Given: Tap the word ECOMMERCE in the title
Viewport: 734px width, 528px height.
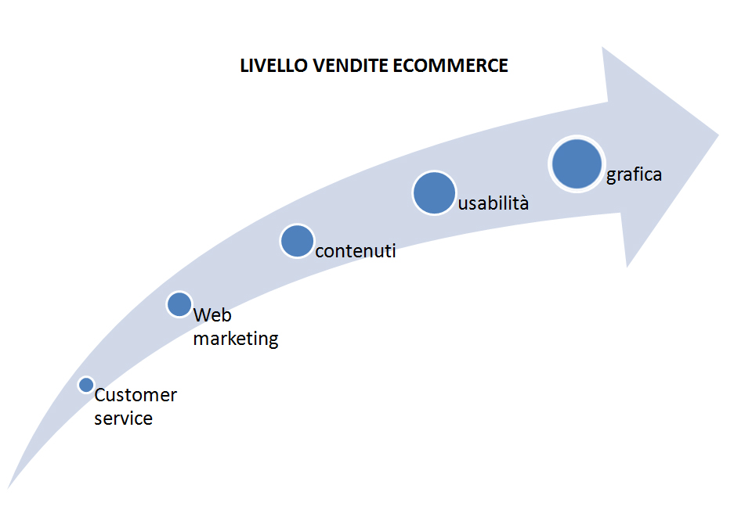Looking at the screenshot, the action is click(450, 66).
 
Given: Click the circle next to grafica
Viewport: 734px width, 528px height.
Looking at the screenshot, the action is click(577, 164).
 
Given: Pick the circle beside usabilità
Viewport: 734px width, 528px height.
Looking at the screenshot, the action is click(435, 193).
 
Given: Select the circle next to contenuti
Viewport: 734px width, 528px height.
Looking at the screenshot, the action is click(297, 241).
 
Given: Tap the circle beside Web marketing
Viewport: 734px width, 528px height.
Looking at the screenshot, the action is click(179, 304).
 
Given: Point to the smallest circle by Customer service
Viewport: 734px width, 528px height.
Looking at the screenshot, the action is click(86, 385).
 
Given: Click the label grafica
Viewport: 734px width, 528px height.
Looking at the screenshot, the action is click(634, 175).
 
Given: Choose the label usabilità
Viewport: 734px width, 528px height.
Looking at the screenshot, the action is click(494, 203).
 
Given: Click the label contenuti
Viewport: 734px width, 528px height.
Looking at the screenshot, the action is click(356, 251).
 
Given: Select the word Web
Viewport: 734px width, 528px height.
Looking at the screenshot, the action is click(212, 315).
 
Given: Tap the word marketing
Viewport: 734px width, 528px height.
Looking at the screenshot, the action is click(236, 339).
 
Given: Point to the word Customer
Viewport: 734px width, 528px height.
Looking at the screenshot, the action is click(136, 395).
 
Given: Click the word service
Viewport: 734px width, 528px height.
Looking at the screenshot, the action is click(124, 418).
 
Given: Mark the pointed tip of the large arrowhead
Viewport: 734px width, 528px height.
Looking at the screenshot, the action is click(719, 135).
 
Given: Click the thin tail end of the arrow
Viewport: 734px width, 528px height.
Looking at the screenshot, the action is click(8, 489).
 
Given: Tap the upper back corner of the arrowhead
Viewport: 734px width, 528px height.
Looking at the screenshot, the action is click(602, 47).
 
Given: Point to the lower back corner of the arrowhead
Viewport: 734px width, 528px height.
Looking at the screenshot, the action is click(627, 268).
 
